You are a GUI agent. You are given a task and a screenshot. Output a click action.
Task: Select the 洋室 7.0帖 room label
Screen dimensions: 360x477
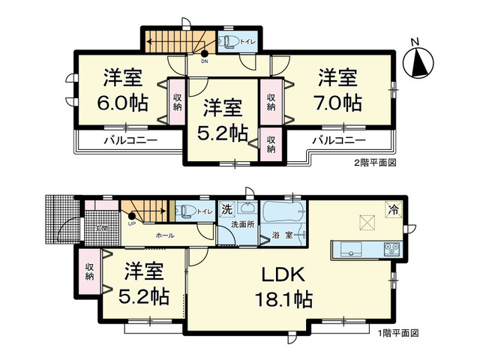pos(336,89)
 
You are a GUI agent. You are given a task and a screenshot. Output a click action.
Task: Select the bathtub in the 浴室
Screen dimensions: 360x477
pos(282,211)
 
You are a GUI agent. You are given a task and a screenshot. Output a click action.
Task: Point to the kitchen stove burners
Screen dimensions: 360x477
pos(393,248)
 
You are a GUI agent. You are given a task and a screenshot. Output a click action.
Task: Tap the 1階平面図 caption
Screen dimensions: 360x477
pos(397,332)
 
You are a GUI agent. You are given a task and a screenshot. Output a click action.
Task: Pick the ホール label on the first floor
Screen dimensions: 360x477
pos(165,235)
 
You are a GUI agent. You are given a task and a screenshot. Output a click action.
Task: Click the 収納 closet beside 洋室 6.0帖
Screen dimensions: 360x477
pos(177,102)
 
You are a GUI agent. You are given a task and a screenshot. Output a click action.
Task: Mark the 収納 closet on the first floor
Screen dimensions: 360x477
pos(89,271)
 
